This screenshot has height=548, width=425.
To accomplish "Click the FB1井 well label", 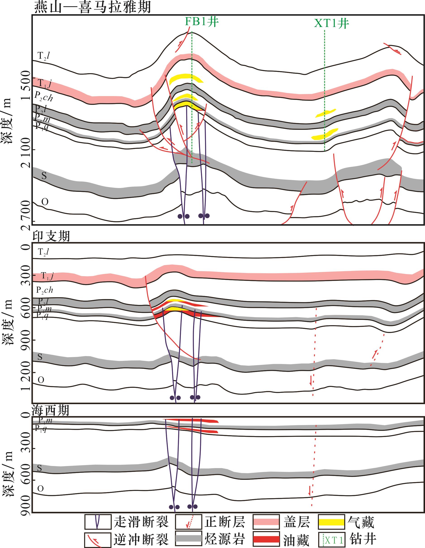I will coord(202,22).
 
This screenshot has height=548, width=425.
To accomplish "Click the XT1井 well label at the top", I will coord(331,24).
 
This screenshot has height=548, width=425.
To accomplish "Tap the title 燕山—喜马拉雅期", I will coord(92,7).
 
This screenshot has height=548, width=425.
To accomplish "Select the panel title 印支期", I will coord(51,236).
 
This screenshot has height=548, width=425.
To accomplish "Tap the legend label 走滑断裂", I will coord(141,522).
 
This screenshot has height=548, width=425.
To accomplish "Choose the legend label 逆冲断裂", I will coord(141,539).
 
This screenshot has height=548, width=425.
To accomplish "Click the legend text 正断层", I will coord(224,522).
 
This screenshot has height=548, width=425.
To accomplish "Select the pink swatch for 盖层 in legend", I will coord(266,522).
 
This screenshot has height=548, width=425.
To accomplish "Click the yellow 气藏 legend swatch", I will coord(331,522).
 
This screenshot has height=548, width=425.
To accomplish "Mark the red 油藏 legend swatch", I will coord(266,539).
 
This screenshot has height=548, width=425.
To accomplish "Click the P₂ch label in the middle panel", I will coord(45,290).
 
